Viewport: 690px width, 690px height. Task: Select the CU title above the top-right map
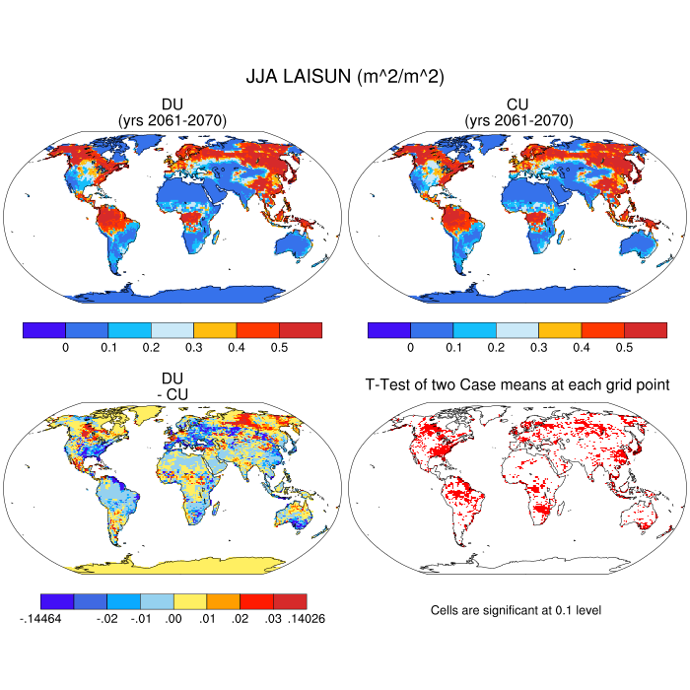pyautogui.click(x=517, y=104)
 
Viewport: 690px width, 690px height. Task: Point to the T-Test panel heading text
pyautogui.click(x=517, y=383)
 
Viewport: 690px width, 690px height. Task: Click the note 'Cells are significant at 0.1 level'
pyautogui.click(x=516, y=610)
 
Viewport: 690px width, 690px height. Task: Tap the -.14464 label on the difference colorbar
pyautogui.click(x=40, y=619)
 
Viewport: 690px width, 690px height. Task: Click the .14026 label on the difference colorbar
pyautogui.click(x=307, y=619)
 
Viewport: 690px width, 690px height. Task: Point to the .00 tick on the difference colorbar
pyautogui.click(x=173, y=619)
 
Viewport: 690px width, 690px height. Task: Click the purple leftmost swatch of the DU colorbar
pyautogui.click(x=43, y=329)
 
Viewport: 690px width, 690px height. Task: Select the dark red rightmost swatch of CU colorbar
pyautogui.click(x=646, y=329)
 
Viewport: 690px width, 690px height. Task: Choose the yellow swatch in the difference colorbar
pyautogui.click(x=190, y=600)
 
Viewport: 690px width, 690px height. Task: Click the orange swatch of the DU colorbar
pyautogui.click(x=215, y=329)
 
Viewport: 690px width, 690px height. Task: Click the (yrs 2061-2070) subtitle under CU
pyautogui.click(x=517, y=120)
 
